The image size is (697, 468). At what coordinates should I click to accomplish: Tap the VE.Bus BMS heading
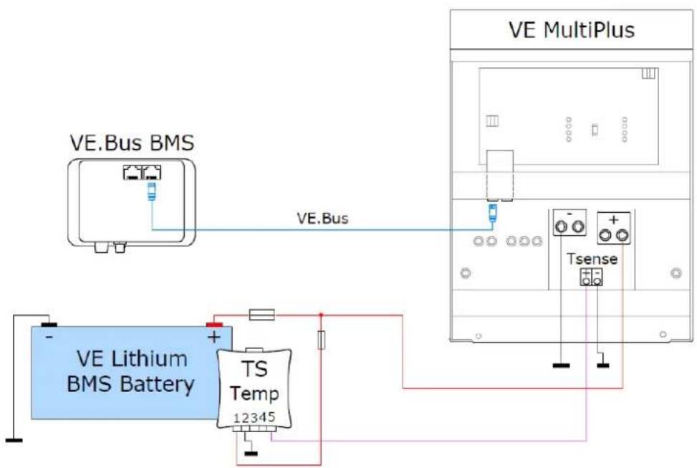point(132,143)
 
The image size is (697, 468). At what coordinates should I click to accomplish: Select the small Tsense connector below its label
point(591,277)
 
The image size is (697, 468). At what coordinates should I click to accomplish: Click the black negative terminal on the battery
point(48,323)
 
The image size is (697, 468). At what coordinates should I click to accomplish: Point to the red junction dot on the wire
point(321,314)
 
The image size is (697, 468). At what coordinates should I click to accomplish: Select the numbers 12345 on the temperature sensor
point(256,417)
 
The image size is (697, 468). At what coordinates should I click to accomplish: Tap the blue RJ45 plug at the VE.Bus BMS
point(152,190)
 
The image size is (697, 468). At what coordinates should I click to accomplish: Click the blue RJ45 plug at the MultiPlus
point(491,210)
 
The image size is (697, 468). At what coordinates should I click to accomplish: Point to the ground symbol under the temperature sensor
point(250,452)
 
